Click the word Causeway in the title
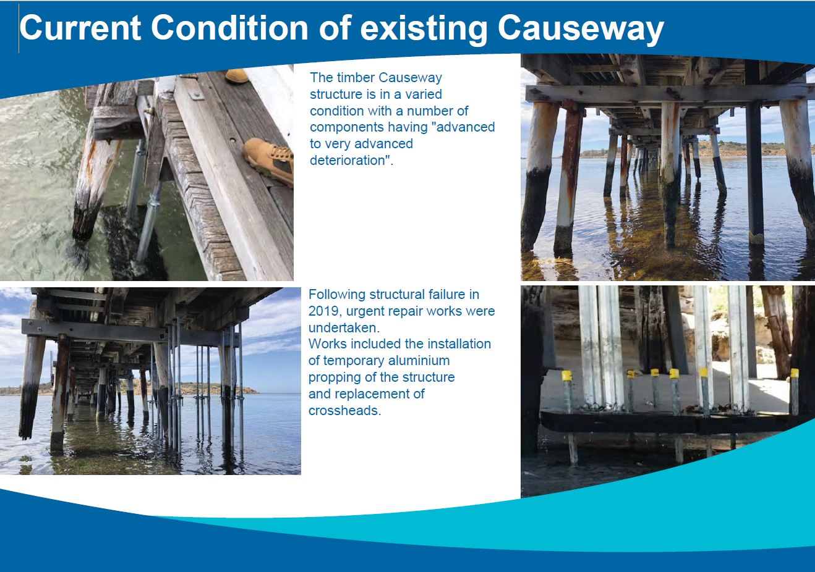[x=581, y=30]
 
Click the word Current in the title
[x=80, y=28]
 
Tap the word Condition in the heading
[x=229, y=28]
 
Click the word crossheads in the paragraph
[x=344, y=411]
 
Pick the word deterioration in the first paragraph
[x=351, y=160]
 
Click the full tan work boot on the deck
[x=270, y=160]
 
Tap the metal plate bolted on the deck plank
[x=196, y=95]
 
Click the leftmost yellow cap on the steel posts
[x=566, y=376]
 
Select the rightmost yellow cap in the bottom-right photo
[x=794, y=373]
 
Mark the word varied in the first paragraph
[x=424, y=95]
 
